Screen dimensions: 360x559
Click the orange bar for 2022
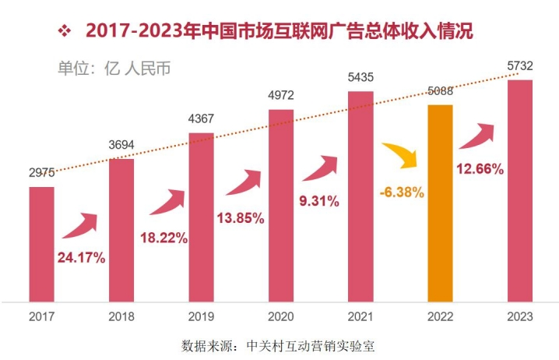click(440, 203)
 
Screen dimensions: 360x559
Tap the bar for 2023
click(520, 190)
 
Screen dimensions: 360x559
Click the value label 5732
click(520, 68)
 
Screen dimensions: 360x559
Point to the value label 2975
click(42, 175)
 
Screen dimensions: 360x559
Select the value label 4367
click(201, 118)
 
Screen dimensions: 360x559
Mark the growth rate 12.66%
click(480, 168)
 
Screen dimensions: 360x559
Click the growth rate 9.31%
click(318, 201)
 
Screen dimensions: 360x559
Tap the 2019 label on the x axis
click(201, 316)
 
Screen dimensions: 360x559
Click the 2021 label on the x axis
click(360, 316)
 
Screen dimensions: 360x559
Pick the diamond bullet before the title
click(65, 32)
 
